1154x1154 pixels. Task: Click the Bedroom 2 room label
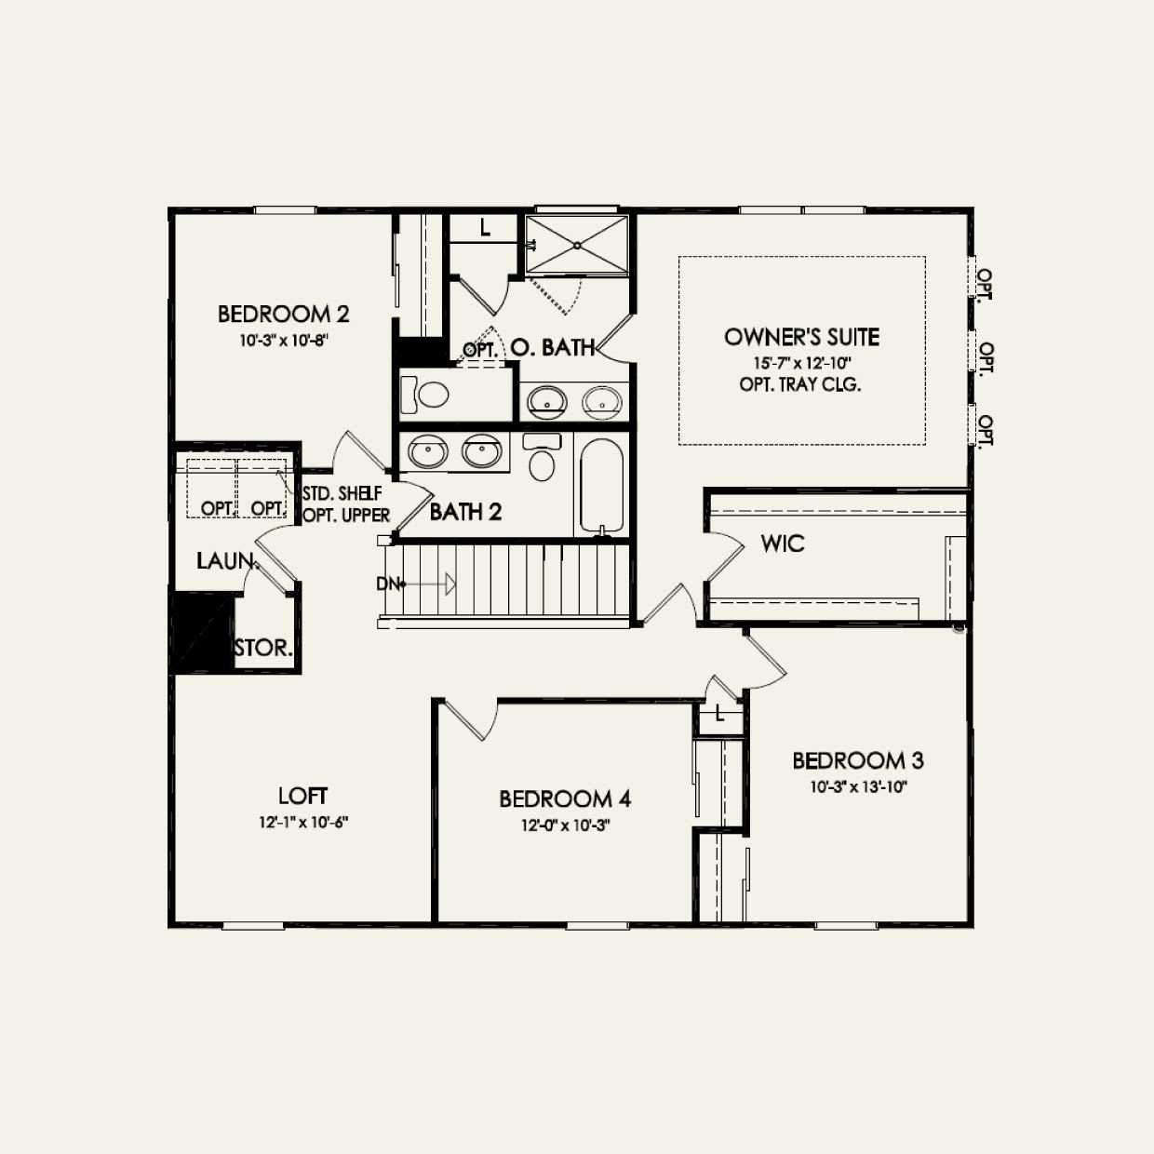(x=283, y=314)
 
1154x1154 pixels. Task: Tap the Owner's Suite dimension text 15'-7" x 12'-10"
(x=801, y=363)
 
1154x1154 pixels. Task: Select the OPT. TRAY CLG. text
(x=800, y=384)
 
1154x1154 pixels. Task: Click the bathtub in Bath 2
(x=601, y=485)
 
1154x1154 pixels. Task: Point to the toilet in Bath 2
(x=541, y=456)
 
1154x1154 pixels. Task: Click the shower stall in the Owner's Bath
(x=577, y=245)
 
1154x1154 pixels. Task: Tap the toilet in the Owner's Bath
(x=424, y=395)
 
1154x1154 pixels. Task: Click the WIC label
(x=782, y=543)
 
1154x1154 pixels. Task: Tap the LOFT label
(x=302, y=796)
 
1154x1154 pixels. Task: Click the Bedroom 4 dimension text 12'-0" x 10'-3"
(x=565, y=825)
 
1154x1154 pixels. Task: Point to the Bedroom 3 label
(x=857, y=760)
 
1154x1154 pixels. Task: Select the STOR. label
(x=263, y=648)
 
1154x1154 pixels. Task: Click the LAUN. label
(x=226, y=560)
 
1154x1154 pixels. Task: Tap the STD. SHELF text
(x=342, y=493)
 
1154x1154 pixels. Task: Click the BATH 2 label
(x=465, y=511)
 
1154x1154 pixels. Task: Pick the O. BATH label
(x=553, y=347)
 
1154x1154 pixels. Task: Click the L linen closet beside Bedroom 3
(x=720, y=715)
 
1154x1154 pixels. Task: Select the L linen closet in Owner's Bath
(x=485, y=228)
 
